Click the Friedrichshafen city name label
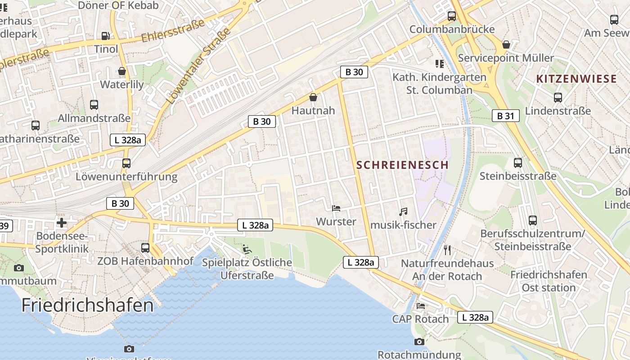tap(87, 306)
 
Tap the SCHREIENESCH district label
tap(402, 165)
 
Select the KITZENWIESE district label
tap(576, 79)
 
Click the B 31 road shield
tap(505, 116)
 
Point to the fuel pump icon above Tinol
tap(105, 36)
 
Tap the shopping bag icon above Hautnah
tap(313, 97)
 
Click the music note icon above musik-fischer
tap(403, 211)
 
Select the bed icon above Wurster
tap(336, 208)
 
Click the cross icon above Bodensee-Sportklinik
tap(62, 223)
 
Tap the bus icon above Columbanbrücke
tap(452, 16)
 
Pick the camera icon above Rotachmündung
tap(419, 342)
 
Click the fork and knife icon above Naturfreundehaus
tap(447, 250)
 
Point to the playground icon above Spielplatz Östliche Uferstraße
tap(247, 249)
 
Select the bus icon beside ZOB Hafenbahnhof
tap(145, 248)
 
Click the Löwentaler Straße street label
tap(198, 66)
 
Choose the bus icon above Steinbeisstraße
tap(518, 163)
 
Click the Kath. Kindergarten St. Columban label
tap(439, 83)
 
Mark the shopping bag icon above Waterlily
tap(121, 71)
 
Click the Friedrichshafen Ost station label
tap(549, 281)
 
